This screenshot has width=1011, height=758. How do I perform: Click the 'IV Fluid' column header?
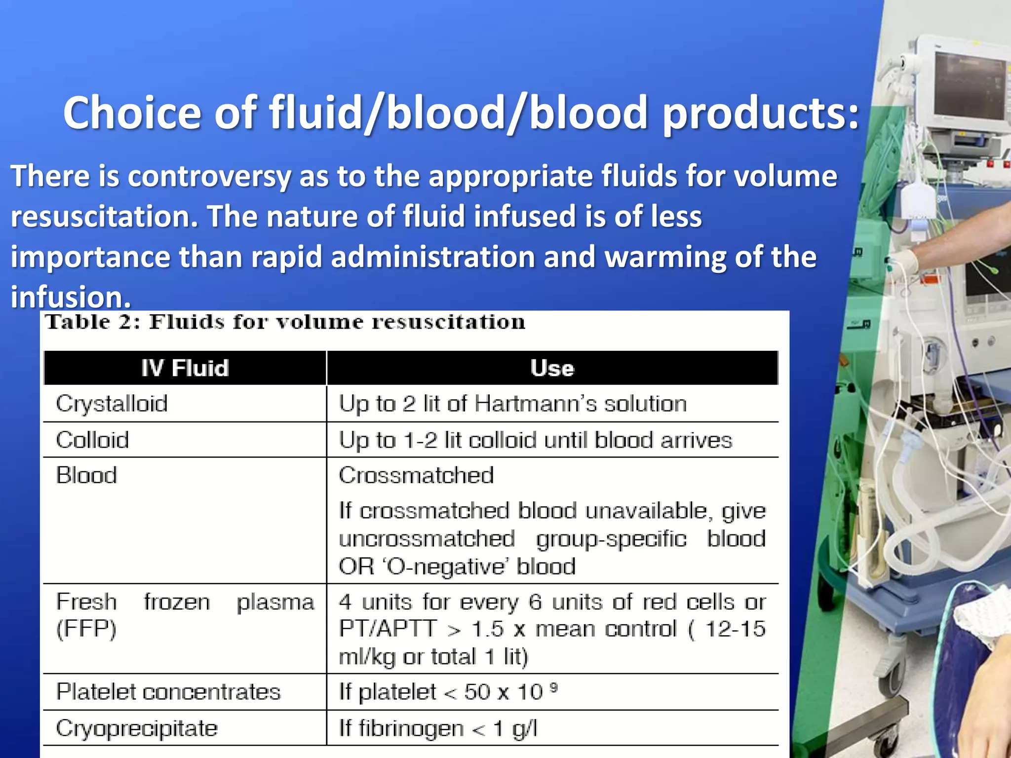185,368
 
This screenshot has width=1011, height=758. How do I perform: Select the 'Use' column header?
552,368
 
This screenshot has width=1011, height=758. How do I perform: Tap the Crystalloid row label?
112,404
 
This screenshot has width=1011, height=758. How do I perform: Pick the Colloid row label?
92,440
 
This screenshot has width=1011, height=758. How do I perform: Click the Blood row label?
86,475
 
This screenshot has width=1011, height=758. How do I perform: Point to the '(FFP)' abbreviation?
86,629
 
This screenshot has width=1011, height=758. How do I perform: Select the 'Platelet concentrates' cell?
168,692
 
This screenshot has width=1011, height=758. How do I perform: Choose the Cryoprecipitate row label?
137,728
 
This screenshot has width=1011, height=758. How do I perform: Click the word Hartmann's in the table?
536,404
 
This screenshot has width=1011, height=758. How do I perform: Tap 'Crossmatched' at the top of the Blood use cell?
416,475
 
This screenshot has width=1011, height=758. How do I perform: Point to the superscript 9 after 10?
554,687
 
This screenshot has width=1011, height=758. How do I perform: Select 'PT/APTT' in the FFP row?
388,629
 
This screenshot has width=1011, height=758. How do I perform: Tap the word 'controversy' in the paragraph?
209,176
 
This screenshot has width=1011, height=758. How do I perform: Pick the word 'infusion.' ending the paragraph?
71,297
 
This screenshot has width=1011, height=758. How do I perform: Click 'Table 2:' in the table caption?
93,322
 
